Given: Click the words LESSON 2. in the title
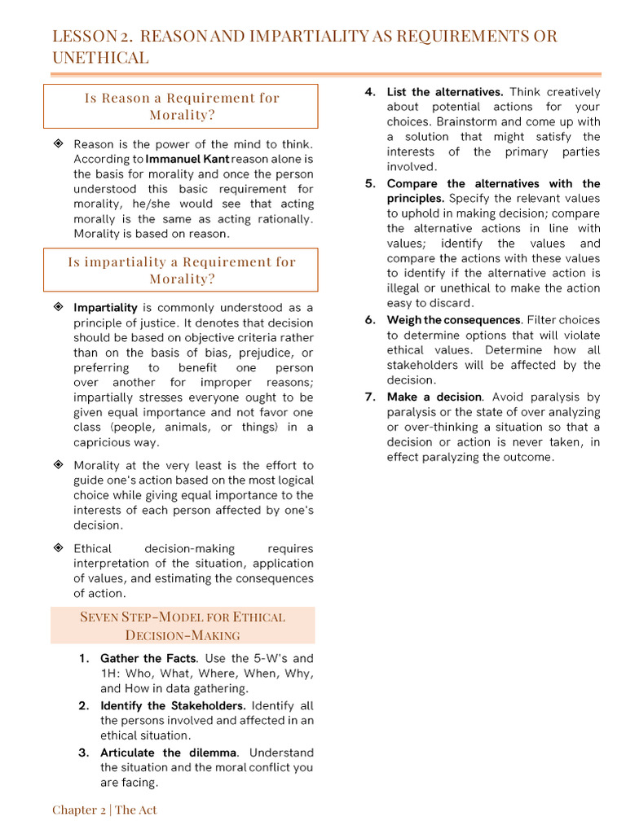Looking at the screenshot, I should [x=91, y=37].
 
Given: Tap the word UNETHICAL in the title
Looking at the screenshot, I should [x=100, y=58].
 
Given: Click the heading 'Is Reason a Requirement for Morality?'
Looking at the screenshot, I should [x=181, y=106].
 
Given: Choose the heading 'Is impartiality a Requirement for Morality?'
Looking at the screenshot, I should [x=181, y=270].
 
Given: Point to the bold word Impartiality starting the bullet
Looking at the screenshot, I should [x=105, y=308].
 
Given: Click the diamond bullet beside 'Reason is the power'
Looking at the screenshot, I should [x=58, y=144].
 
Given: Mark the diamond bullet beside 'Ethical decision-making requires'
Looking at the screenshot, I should [x=58, y=548].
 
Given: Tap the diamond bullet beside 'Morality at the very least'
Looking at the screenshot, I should [x=58, y=465].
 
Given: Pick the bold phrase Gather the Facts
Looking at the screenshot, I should [x=148, y=658].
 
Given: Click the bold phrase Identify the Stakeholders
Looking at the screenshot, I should [x=173, y=705].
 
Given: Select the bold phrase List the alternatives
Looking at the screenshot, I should [x=445, y=92].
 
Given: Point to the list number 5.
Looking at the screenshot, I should [x=370, y=183].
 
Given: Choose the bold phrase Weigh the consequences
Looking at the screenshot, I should [x=453, y=320].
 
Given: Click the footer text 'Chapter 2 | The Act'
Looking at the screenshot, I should [x=104, y=810].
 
